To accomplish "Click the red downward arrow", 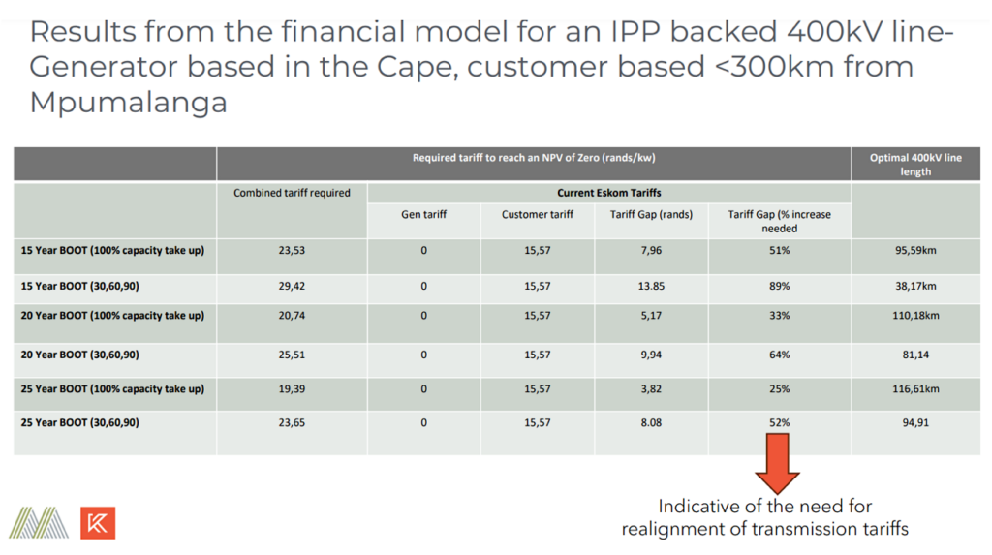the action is click(x=778, y=463).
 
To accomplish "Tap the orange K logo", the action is click(x=98, y=523).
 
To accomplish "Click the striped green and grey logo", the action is click(x=39, y=523).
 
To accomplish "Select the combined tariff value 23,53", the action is click(x=292, y=250).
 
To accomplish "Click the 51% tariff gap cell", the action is click(x=780, y=250).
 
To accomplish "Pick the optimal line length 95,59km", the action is click(x=915, y=250).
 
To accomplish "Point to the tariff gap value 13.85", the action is click(x=651, y=286).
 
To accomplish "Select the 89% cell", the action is click(x=780, y=286).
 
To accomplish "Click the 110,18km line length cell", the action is click(x=915, y=315).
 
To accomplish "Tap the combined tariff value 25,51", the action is click(x=292, y=355).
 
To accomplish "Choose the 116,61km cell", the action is click(x=915, y=388).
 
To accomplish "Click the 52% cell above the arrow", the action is click(x=780, y=422).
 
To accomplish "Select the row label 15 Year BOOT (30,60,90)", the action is click(x=79, y=286).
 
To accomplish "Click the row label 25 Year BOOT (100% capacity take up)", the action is click(x=112, y=388).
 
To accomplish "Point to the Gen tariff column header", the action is click(x=423, y=214).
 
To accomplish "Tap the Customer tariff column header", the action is click(x=537, y=214).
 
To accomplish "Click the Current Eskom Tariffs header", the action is click(x=608, y=193).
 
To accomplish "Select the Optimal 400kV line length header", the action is click(x=915, y=165).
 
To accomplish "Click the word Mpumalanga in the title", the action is click(x=129, y=103).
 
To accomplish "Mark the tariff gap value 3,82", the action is click(x=651, y=388).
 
